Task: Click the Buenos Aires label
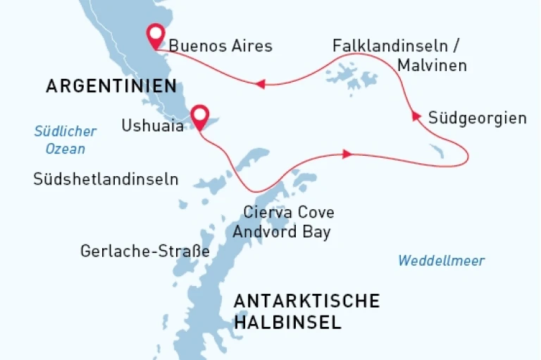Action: click(220, 46)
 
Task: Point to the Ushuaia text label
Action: click(152, 126)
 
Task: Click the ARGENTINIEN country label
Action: click(111, 86)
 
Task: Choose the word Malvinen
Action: click(432, 66)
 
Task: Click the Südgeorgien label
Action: click(477, 118)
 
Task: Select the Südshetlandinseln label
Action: click(106, 180)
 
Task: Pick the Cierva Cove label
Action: click(289, 212)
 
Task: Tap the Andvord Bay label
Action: click(282, 232)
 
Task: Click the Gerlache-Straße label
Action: click(145, 251)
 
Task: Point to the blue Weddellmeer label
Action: click(441, 261)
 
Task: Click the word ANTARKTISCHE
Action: click(306, 302)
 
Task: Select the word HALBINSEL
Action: click(287, 323)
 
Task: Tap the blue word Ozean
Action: click(65, 149)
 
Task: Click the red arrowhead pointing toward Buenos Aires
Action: click(259, 84)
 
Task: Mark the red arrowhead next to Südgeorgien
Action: click(416, 116)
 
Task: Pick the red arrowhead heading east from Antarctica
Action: click(347, 154)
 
